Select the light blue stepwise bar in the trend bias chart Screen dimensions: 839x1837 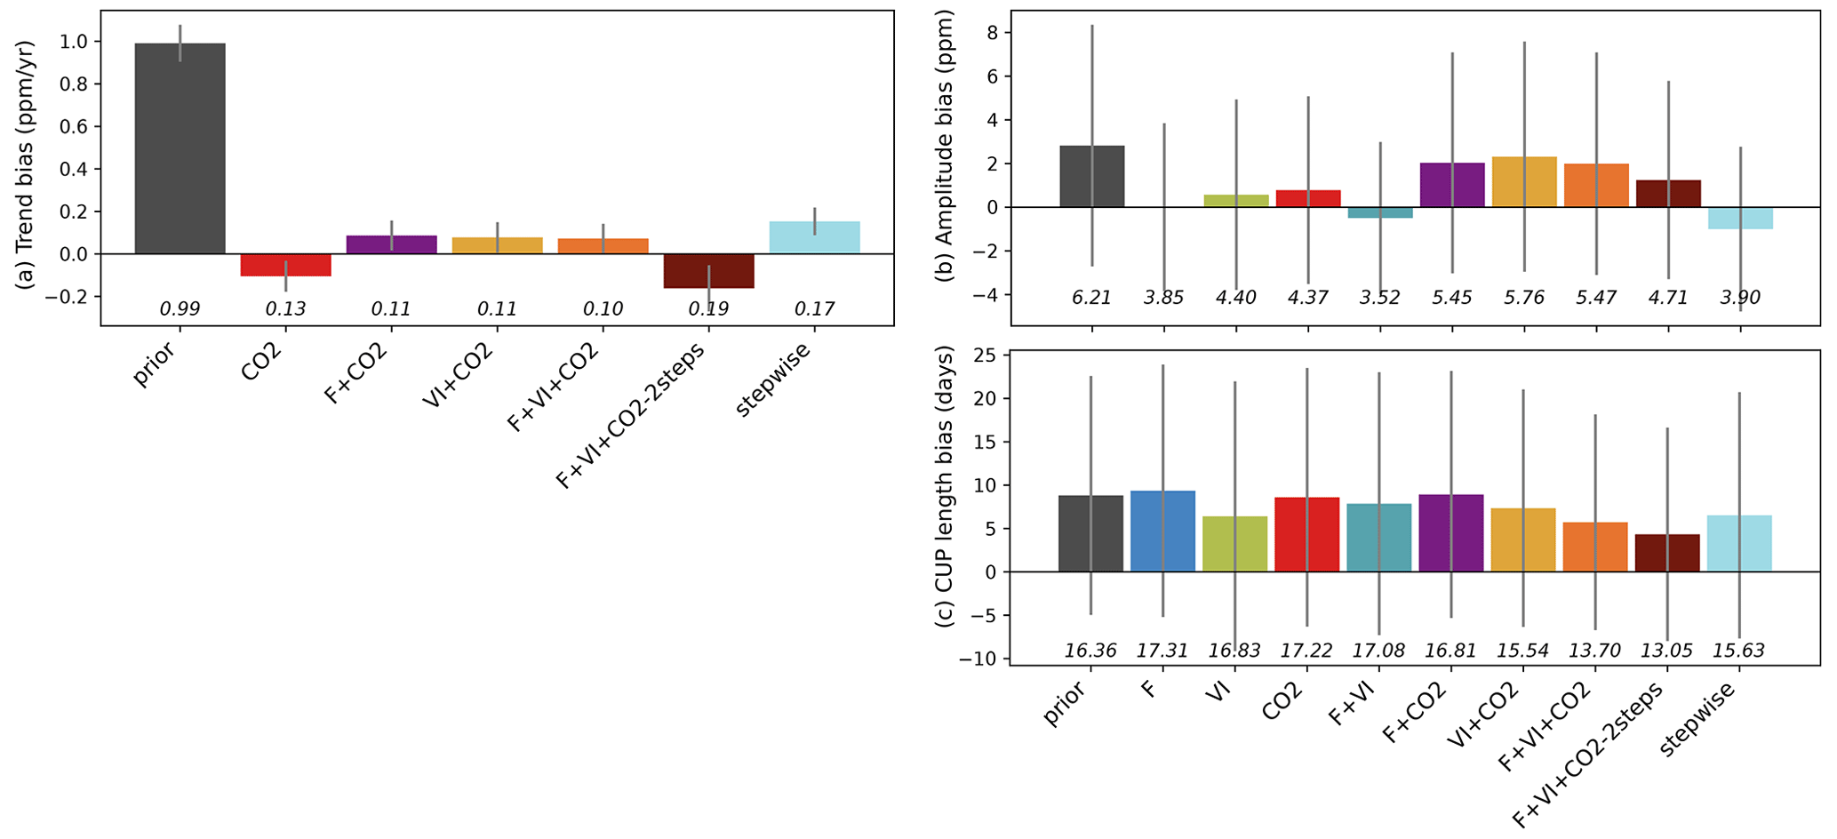pos(814,237)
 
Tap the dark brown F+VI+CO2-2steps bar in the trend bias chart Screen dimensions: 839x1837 pos(708,271)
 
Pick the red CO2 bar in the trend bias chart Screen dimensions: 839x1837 pos(285,265)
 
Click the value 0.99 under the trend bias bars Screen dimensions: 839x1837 pos(180,309)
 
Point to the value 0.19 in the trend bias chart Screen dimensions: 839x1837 pos(708,309)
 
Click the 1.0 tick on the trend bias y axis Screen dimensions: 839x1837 pos(75,42)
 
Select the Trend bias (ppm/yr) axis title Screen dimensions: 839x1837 pos(26,164)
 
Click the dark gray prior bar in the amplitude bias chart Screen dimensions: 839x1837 pos(1091,176)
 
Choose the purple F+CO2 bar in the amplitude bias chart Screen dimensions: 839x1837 pos(1452,185)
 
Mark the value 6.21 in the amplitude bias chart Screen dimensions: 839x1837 pos(1091,298)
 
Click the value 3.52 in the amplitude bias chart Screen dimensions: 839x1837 pos(1379,298)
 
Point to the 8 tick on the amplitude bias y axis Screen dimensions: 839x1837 pos(992,33)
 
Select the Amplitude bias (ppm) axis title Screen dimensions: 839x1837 pos(946,147)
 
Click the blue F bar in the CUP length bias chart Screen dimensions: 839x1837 pos(1162,531)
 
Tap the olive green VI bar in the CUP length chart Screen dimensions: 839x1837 pos(1234,544)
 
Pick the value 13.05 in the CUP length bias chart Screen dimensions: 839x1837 pos(1666,651)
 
